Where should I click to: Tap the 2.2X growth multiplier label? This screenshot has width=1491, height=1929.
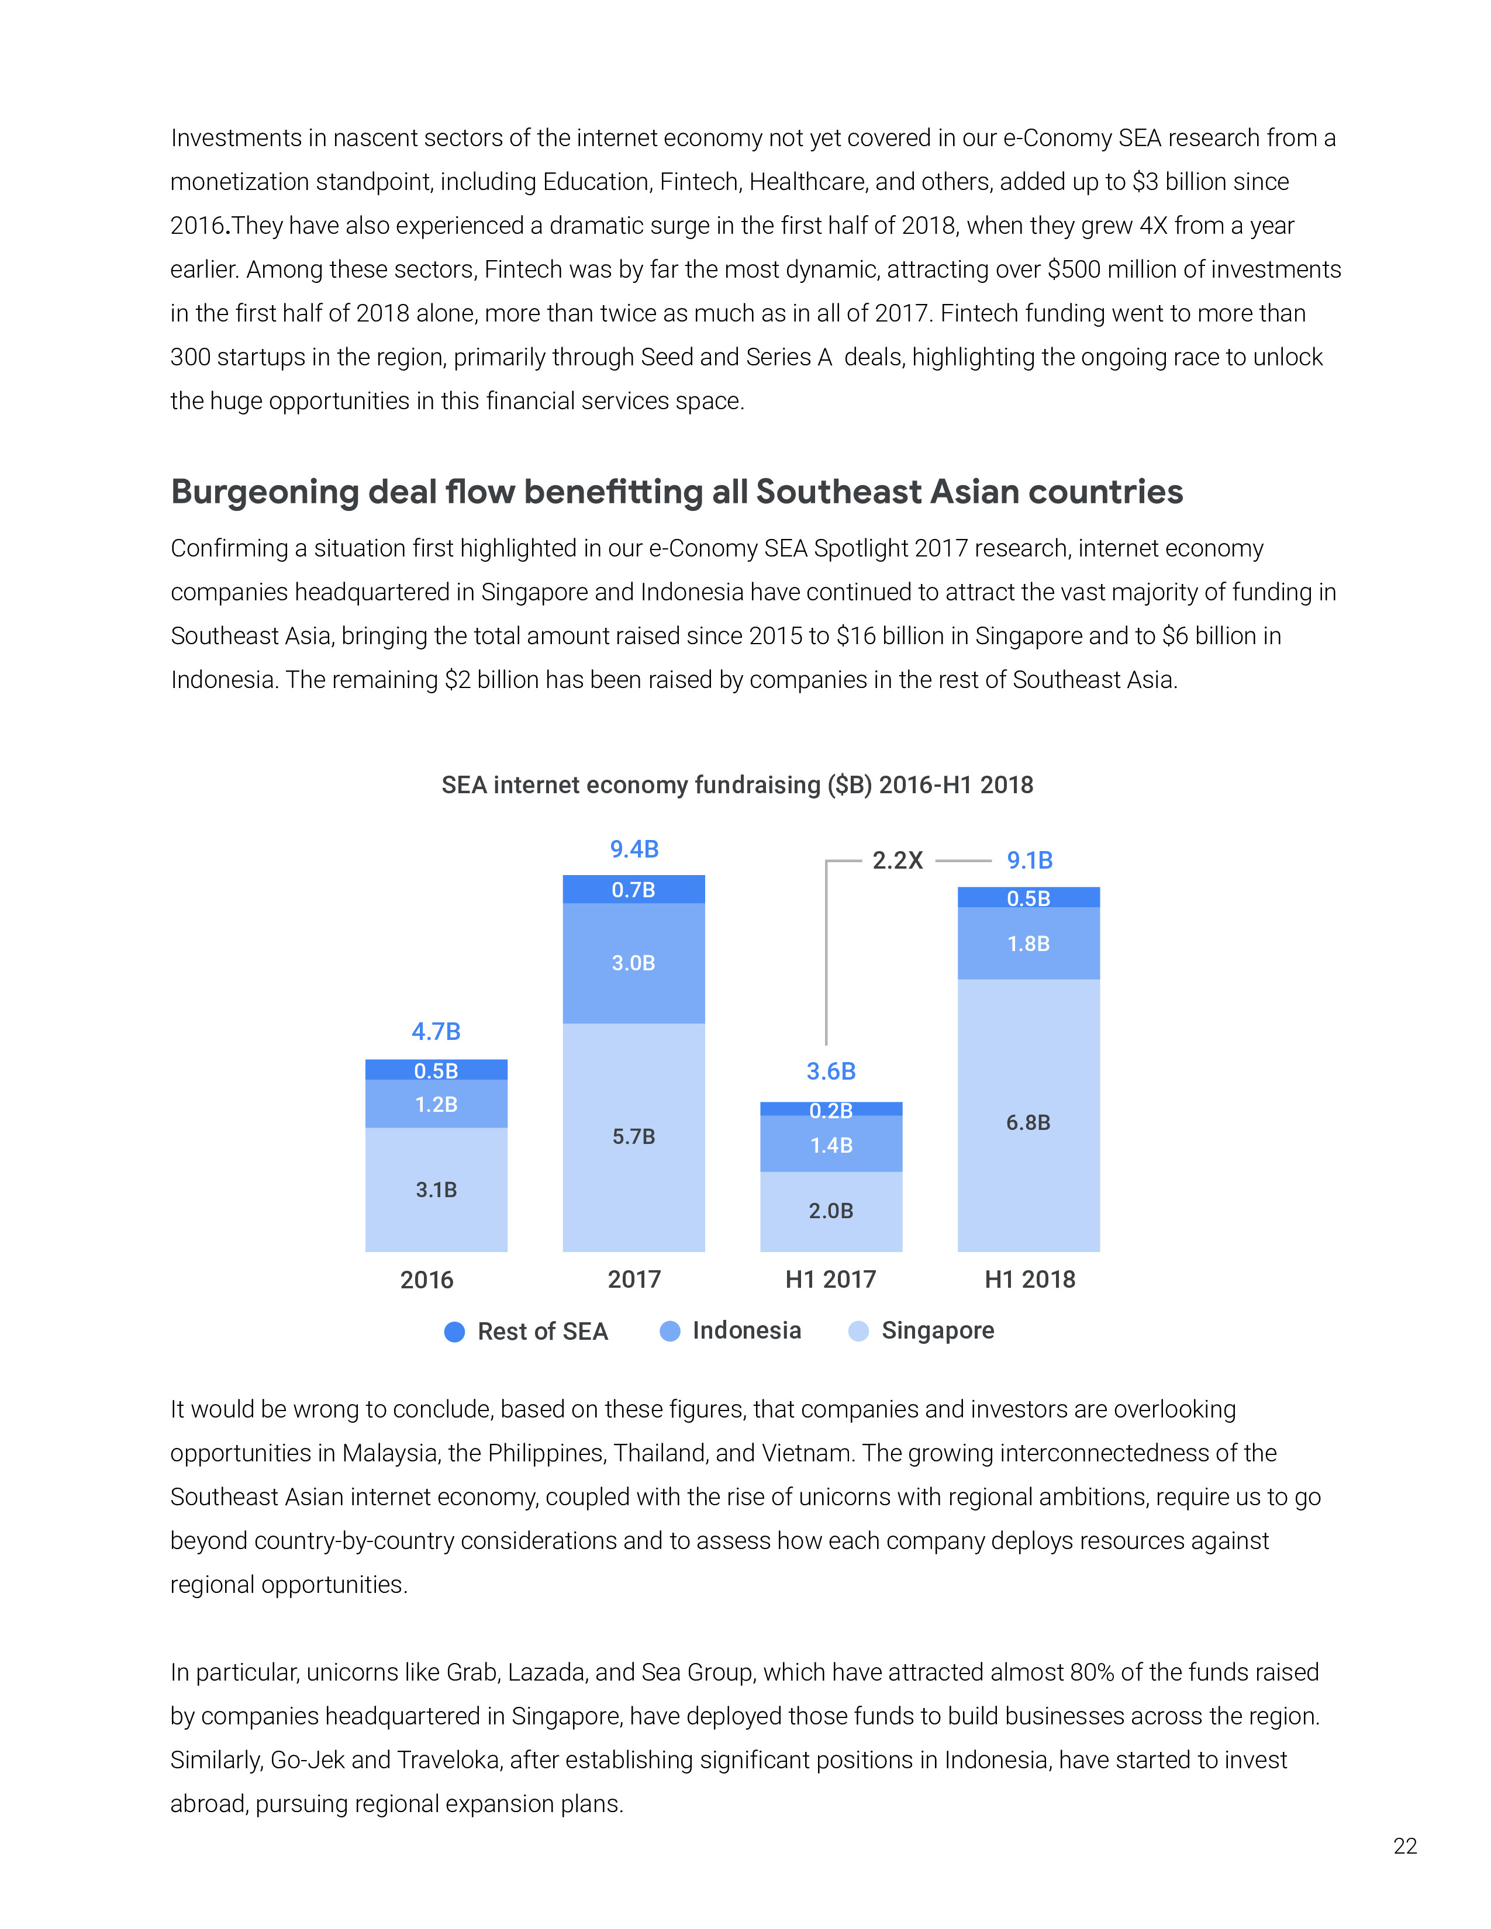[898, 860]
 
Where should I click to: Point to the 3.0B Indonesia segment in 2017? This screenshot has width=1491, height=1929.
[633, 963]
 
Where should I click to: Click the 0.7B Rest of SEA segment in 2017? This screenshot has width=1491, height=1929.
[633, 890]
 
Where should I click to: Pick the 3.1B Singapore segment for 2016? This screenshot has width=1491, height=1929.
[436, 1190]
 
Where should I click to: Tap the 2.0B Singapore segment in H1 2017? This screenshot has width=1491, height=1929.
[831, 1211]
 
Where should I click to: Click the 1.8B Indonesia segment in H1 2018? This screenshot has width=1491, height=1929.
[1028, 943]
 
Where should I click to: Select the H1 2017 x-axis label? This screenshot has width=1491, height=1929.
[830, 1279]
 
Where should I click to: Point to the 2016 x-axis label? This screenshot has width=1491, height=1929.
[427, 1280]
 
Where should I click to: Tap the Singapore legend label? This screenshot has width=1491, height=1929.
[937, 1330]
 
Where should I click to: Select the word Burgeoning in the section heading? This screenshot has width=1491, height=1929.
[265, 492]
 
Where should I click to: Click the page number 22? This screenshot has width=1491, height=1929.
[1404, 1846]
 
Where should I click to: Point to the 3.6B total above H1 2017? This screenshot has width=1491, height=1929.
[831, 1071]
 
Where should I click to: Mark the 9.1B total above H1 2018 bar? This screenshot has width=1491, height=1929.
[1030, 860]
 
